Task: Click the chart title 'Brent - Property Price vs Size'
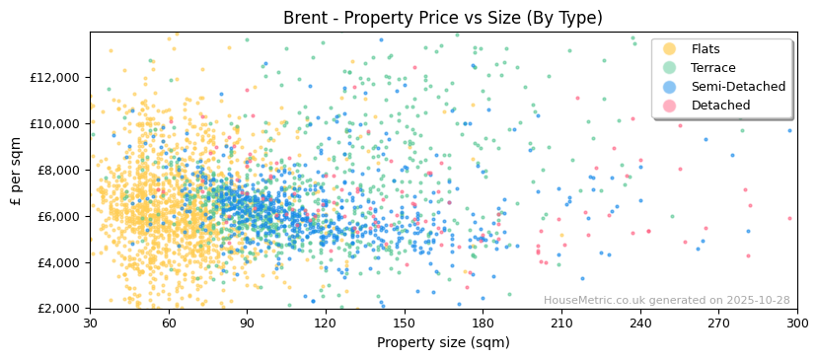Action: [x=443, y=18]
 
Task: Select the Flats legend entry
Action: [x=705, y=49]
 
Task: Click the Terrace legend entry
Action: [x=712, y=68]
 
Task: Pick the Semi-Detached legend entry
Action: [x=738, y=87]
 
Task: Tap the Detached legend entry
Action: [x=720, y=106]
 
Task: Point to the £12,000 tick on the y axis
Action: [x=56, y=78]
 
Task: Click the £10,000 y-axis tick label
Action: [x=56, y=124]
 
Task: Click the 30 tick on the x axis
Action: [x=90, y=323]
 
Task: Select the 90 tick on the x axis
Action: [x=247, y=323]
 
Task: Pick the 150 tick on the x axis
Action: [x=405, y=323]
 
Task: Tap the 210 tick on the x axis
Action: [x=561, y=323]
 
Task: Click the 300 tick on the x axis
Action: [x=797, y=323]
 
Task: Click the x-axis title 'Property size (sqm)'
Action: [x=443, y=342]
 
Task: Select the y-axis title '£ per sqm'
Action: [x=17, y=171]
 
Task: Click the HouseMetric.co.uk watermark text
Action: [x=666, y=301]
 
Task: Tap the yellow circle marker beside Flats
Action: [x=670, y=49]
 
